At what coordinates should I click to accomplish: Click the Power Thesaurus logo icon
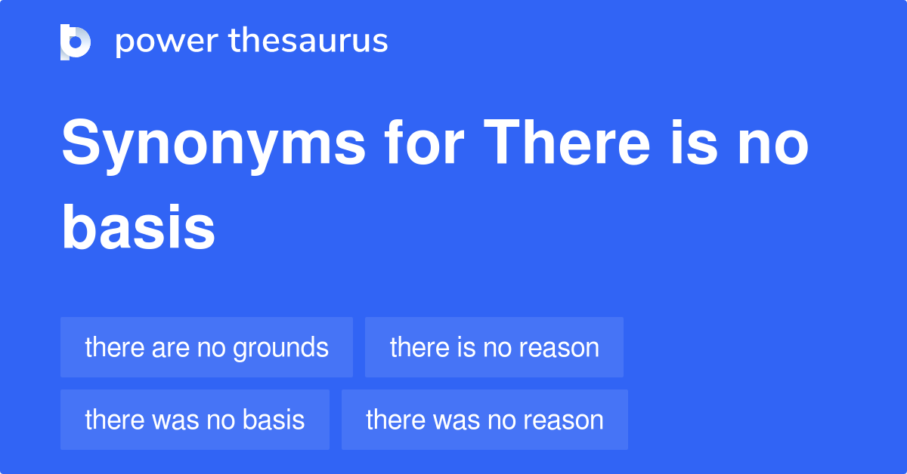76,42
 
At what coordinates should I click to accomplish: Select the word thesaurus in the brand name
308,42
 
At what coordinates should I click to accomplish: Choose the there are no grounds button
206,347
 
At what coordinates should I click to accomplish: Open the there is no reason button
494,347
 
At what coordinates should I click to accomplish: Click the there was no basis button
195,420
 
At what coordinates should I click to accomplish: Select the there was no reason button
484,420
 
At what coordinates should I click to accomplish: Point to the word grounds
280,347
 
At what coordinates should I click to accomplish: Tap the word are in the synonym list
170,347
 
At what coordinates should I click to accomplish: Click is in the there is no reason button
466,347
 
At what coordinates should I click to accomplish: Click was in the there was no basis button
170,420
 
